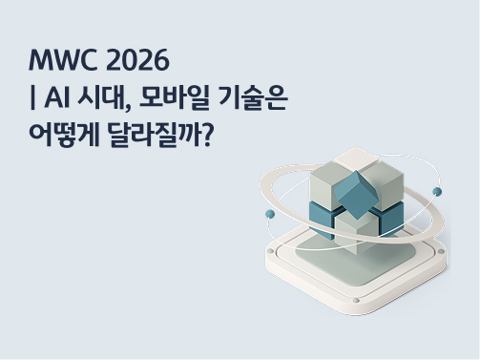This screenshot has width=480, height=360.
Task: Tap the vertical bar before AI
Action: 33,99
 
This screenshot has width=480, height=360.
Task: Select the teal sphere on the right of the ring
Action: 437,191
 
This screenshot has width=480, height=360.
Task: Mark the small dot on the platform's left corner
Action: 272,253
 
